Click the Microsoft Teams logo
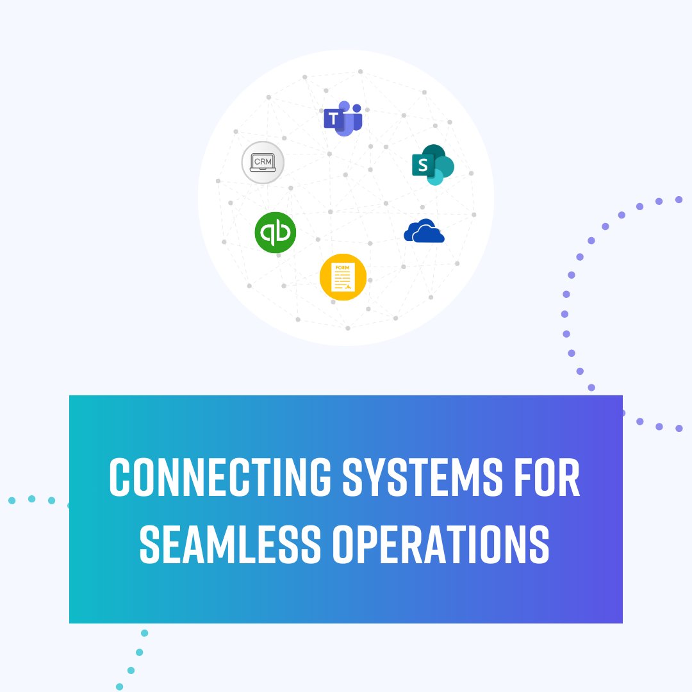point(343,119)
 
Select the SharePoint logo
point(432,165)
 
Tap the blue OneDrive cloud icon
point(424,231)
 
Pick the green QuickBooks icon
point(276,232)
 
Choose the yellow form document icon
point(343,277)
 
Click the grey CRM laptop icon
point(263,162)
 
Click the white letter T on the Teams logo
point(332,119)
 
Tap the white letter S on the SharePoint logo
point(422,165)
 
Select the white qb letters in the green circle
point(276,232)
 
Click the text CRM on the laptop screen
point(263,161)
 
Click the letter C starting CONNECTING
point(120,477)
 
